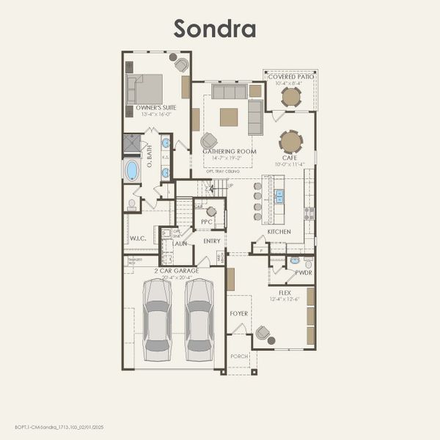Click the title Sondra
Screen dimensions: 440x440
[214, 28]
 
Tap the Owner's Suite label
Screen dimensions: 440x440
[155, 108]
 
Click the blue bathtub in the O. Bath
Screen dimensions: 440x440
[132, 170]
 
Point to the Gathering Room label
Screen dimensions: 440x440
[230, 152]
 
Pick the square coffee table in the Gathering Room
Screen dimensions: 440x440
[229, 117]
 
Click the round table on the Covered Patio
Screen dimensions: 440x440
[291, 97]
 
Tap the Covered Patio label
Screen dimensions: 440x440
[291, 77]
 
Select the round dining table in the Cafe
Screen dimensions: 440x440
[291, 141]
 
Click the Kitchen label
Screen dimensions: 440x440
[279, 232]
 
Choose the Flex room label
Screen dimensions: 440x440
[285, 292]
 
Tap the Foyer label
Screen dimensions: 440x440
[238, 313]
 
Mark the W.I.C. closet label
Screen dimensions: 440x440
[139, 238]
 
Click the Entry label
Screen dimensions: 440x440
[212, 241]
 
